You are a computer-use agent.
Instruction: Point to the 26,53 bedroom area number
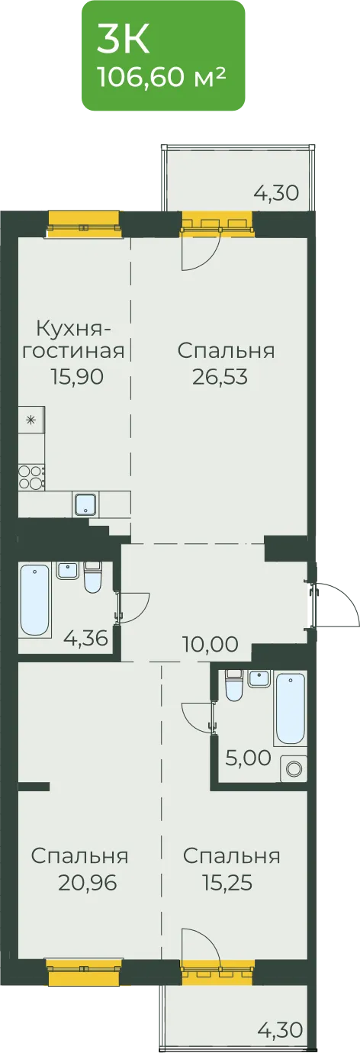pyautogui.click(x=220, y=376)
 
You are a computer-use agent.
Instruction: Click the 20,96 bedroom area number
pyautogui.click(x=88, y=883)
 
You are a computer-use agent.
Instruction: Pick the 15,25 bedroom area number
pyautogui.click(x=227, y=883)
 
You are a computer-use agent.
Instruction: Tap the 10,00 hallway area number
pyautogui.click(x=210, y=645)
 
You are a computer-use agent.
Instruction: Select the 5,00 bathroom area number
pyautogui.click(x=248, y=758)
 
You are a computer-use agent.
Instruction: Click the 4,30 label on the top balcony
pyautogui.click(x=276, y=193)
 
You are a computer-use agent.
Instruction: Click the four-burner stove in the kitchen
pyautogui.click(x=31, y=477)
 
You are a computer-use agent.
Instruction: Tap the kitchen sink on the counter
pyautogui.click(x=85, y=504)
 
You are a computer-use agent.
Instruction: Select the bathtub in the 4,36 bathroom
pyautogui.click(x=35, y=601)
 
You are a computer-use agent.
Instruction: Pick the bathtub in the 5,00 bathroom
pyautogui.click(x=291, y=709)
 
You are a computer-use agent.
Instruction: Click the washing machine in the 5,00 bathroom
pyautogui.click(x=294, y=769)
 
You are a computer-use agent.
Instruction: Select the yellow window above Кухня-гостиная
pyautogui.click(x=84, y=224)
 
